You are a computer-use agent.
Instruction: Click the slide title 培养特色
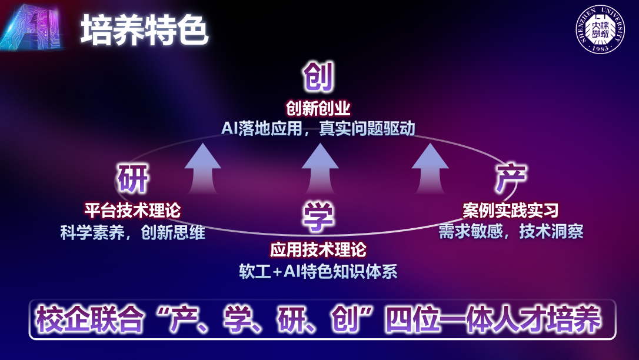click(144, 30)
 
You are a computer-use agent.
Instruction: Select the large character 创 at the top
click(318, 78)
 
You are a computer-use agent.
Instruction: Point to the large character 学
click(318, 215)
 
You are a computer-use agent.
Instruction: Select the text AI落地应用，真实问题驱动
click(318, 128)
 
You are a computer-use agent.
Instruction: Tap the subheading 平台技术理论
click(132, 209)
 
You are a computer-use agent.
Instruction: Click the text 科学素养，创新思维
click(132, 232)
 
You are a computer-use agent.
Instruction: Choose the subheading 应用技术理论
click(318, 249)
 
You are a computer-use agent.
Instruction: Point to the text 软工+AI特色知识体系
click(318, 271)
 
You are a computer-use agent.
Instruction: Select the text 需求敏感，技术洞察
click(510, 231)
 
